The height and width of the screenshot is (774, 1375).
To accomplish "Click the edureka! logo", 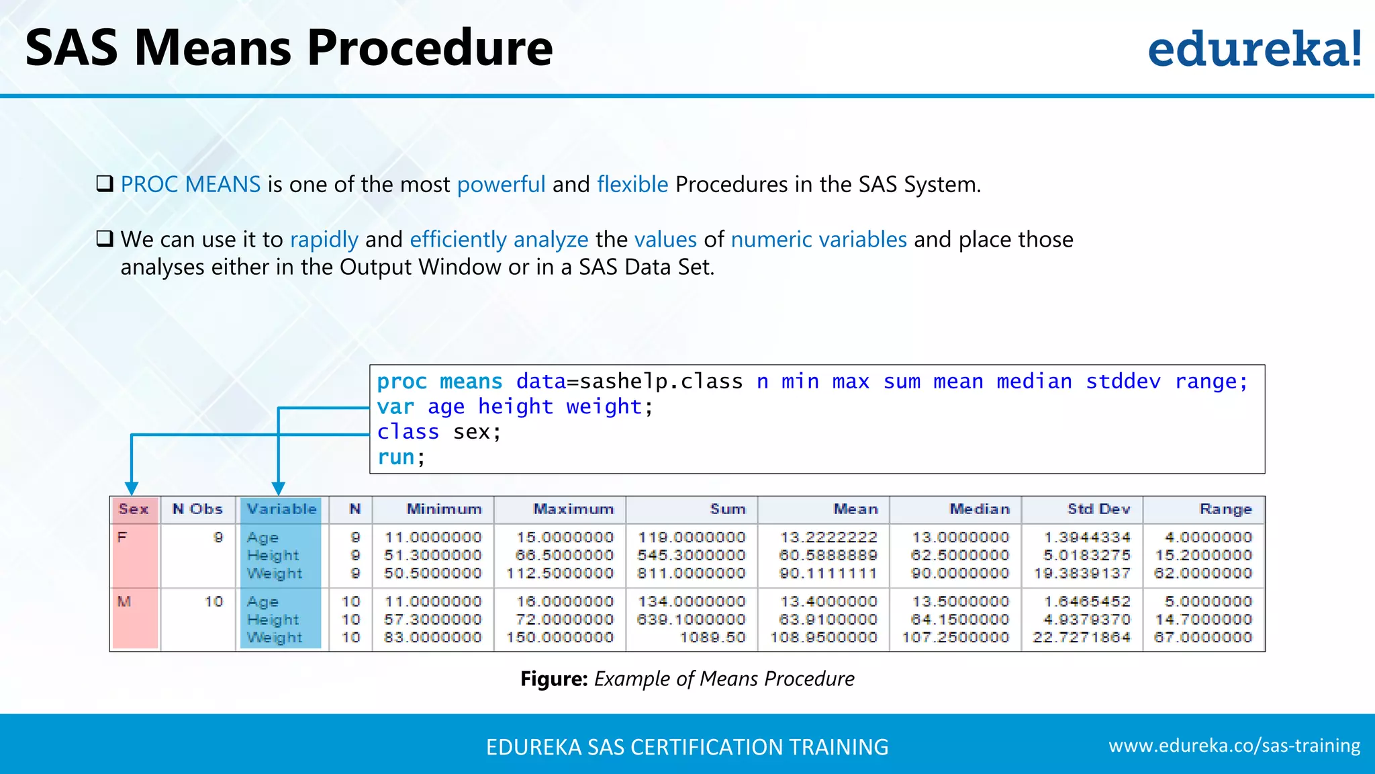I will [x=1254, y=50].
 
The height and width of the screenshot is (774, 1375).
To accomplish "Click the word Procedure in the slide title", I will [x=430, y=48].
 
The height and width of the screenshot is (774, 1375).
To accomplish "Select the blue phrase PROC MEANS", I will [x=191, y=184].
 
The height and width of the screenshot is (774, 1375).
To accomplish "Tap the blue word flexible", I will [x=632, y=184].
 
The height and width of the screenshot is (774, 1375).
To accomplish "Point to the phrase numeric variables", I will [x=818, y=239].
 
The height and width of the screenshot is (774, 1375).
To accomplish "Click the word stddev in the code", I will [x=1123, y=382].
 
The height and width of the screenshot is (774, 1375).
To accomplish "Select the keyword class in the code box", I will [x=408, y=432].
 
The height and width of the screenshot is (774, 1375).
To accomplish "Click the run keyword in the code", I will [x=395, y=458].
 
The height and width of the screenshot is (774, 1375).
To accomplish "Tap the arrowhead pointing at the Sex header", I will [x=132, y=488].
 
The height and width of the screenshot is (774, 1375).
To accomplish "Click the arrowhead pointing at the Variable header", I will [x=279, y=488].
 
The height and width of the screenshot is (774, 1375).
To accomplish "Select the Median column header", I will [x=980, y=509].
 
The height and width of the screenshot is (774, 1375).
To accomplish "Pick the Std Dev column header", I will [x=1098, y=509].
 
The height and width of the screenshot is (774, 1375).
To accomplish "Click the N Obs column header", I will [x=197, y=509].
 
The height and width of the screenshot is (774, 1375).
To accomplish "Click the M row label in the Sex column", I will [x=124, y=601].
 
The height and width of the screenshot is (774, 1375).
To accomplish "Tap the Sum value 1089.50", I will [x=712, y=637].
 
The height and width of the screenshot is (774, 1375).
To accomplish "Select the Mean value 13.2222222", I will [x=828, y=537].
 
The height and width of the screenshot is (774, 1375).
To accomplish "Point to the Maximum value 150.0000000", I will [x=560, y=637].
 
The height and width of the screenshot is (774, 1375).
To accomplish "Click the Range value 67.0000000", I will [x=1203, y=637].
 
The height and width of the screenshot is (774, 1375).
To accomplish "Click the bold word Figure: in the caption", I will [x=554, y=679].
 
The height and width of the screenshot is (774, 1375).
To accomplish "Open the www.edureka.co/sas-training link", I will [x=1234, y=746].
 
